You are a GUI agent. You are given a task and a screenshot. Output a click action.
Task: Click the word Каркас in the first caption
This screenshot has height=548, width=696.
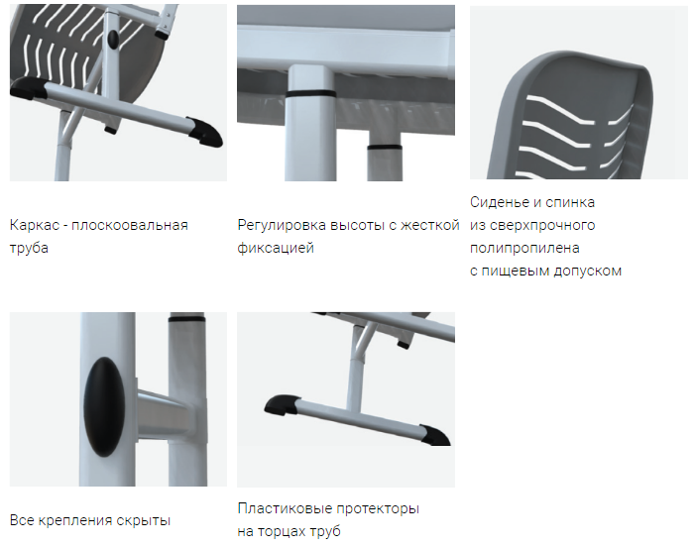pos(34,225)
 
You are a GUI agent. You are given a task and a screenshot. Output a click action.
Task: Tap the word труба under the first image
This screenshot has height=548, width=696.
pos(29,248)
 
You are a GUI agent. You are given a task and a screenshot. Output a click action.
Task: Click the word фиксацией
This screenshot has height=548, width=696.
pos(276,248)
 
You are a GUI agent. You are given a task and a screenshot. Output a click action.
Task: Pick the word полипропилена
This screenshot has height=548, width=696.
pos(524,248)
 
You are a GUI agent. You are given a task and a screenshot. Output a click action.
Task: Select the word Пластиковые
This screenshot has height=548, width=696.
pos(285,508)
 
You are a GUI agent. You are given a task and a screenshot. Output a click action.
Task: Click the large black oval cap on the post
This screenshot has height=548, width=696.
pos(105,407)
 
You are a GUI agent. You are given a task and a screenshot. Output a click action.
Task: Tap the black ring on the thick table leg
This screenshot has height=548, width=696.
pos(310,94)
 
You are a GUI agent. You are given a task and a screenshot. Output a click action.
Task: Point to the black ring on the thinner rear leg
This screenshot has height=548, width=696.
pos(385,147)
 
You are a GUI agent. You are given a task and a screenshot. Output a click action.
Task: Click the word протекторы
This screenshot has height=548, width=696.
pos(378,508)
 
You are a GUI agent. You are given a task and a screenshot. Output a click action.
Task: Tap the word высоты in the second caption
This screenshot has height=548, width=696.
pos(357,225)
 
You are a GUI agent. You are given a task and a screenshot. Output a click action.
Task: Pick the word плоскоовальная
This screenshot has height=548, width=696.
pos(130,225)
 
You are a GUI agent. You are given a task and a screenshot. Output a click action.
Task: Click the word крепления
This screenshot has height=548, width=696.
pos(75,520)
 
